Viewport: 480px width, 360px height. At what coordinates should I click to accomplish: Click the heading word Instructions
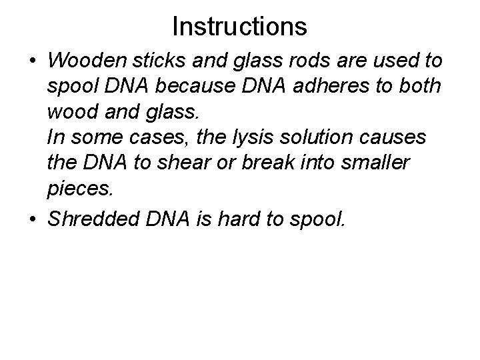tap(239, 26)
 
